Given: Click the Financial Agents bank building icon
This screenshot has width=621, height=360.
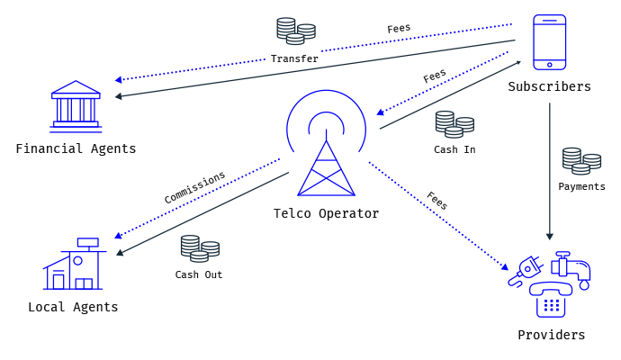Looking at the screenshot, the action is click(x=76, y=106).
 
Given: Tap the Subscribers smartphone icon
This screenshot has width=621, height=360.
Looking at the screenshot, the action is click(x=549, y=42).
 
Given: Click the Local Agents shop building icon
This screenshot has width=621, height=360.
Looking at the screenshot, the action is click(x=75, y=264).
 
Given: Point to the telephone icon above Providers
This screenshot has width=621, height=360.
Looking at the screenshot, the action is click(x=551, y=300).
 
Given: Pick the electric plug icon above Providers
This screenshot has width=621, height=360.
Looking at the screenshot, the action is click(x=525, y=271).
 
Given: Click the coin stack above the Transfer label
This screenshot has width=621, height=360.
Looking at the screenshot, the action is click(x=296, y=31).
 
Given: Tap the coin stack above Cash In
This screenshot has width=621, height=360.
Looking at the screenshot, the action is click(x=454, y=124).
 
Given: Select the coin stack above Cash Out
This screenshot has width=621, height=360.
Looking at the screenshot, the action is click(x=200, y=248).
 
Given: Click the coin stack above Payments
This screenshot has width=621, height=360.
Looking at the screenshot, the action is click(x=581, y=161).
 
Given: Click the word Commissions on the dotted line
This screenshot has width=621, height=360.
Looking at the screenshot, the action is click(x=194, y=187).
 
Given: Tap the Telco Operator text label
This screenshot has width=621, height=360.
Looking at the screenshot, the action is click(x=326, y=213).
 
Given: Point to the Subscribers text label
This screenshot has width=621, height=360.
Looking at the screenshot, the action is click(x=549, y=86).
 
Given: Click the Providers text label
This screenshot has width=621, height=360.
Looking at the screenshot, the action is click(x=552, y=335).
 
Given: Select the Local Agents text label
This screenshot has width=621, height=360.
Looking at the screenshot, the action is click(x=73, y=307).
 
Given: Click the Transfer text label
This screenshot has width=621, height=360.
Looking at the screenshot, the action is click(x=294, y=58).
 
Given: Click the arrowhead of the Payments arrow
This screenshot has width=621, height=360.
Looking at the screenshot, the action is click(x=549, y=237).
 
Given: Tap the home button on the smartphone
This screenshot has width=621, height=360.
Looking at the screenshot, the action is click(x=549, y=65).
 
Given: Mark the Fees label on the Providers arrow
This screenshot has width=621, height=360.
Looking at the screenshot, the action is click(x=437, y=201).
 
